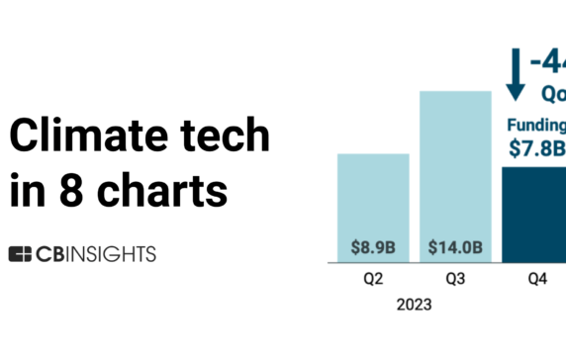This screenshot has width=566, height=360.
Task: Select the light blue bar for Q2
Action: point(367,198)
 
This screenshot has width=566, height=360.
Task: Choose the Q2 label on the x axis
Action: point(367,280)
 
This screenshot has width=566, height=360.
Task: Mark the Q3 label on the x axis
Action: point(455,280)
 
